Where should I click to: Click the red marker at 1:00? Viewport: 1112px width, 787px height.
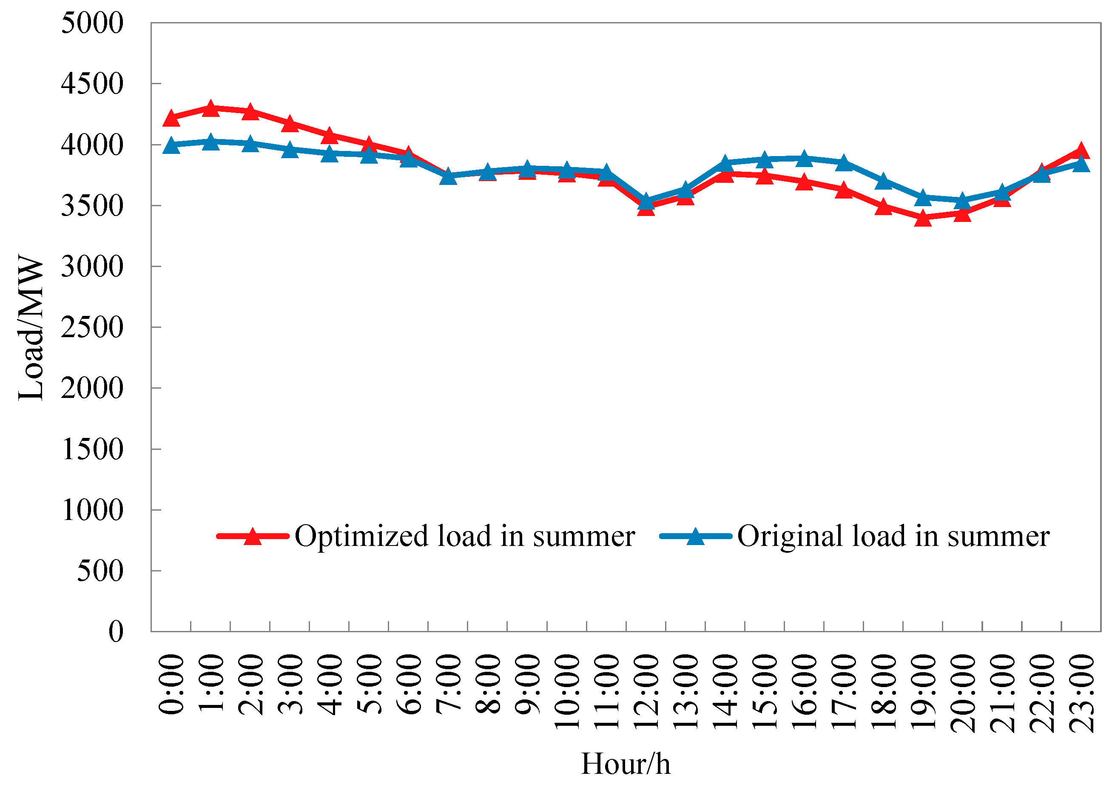point(210,108)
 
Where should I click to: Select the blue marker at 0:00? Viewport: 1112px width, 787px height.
point(171,145)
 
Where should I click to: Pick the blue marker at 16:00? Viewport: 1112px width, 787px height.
point(804,159)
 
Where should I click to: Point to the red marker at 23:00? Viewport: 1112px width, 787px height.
point(1081,151)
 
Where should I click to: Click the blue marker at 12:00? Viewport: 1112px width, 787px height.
point(646,201)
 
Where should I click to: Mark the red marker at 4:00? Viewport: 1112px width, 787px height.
point(330,135)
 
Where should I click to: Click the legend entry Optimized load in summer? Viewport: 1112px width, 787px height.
point(464,536)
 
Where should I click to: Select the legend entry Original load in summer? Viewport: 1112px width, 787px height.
point(893,536)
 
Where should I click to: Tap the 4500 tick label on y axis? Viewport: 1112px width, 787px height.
point(92,84)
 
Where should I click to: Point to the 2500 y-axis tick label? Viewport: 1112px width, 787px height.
point(92,327)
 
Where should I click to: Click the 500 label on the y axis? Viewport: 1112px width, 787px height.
point(100,571)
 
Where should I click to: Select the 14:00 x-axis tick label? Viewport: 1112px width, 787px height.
point(725,692)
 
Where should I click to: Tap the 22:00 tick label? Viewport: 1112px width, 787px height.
point(1042,692)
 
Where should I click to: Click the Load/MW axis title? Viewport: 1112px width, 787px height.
point(31,327)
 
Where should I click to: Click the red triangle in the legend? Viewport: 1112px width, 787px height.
point(253,537)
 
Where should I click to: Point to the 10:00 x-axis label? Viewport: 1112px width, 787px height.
point(567,692)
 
